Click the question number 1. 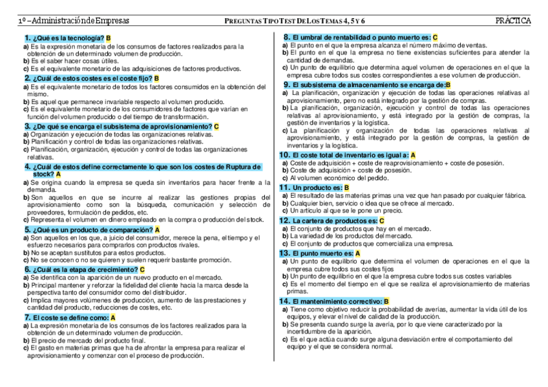(28, 39)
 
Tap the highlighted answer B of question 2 (156, 78)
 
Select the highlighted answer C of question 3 (216, 126)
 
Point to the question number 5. (28, 229)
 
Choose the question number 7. (28, 317)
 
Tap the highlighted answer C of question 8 (435, 38)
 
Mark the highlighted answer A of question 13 (357, 253)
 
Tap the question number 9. (287, 84)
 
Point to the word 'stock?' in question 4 (43, 174)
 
